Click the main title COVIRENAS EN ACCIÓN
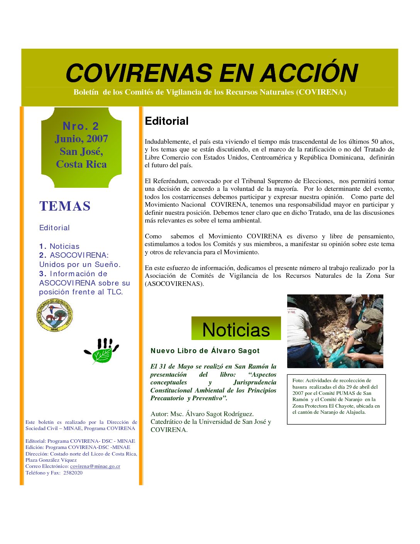point(212,73)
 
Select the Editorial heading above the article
point(166,121)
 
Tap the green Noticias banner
point(236,329)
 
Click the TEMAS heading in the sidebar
point(65,206)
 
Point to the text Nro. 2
point(81,126)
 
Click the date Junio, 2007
point(81,139)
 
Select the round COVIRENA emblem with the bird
point(54,315)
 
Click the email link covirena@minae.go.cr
point(95,466)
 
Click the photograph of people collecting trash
point(335,331)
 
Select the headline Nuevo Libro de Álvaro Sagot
point(205,351)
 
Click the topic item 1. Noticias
point(59,246)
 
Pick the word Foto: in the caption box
point(298,381)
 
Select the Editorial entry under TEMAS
point(54,228)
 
